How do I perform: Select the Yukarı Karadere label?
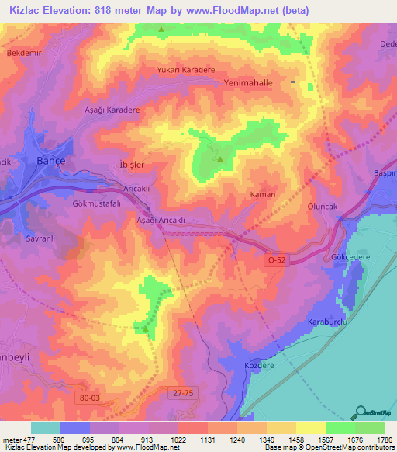click(185, 69)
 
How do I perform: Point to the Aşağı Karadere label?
click(111, 110)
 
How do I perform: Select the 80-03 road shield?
click(90, 398)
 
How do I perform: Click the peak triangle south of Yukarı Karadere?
click(219, 161)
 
